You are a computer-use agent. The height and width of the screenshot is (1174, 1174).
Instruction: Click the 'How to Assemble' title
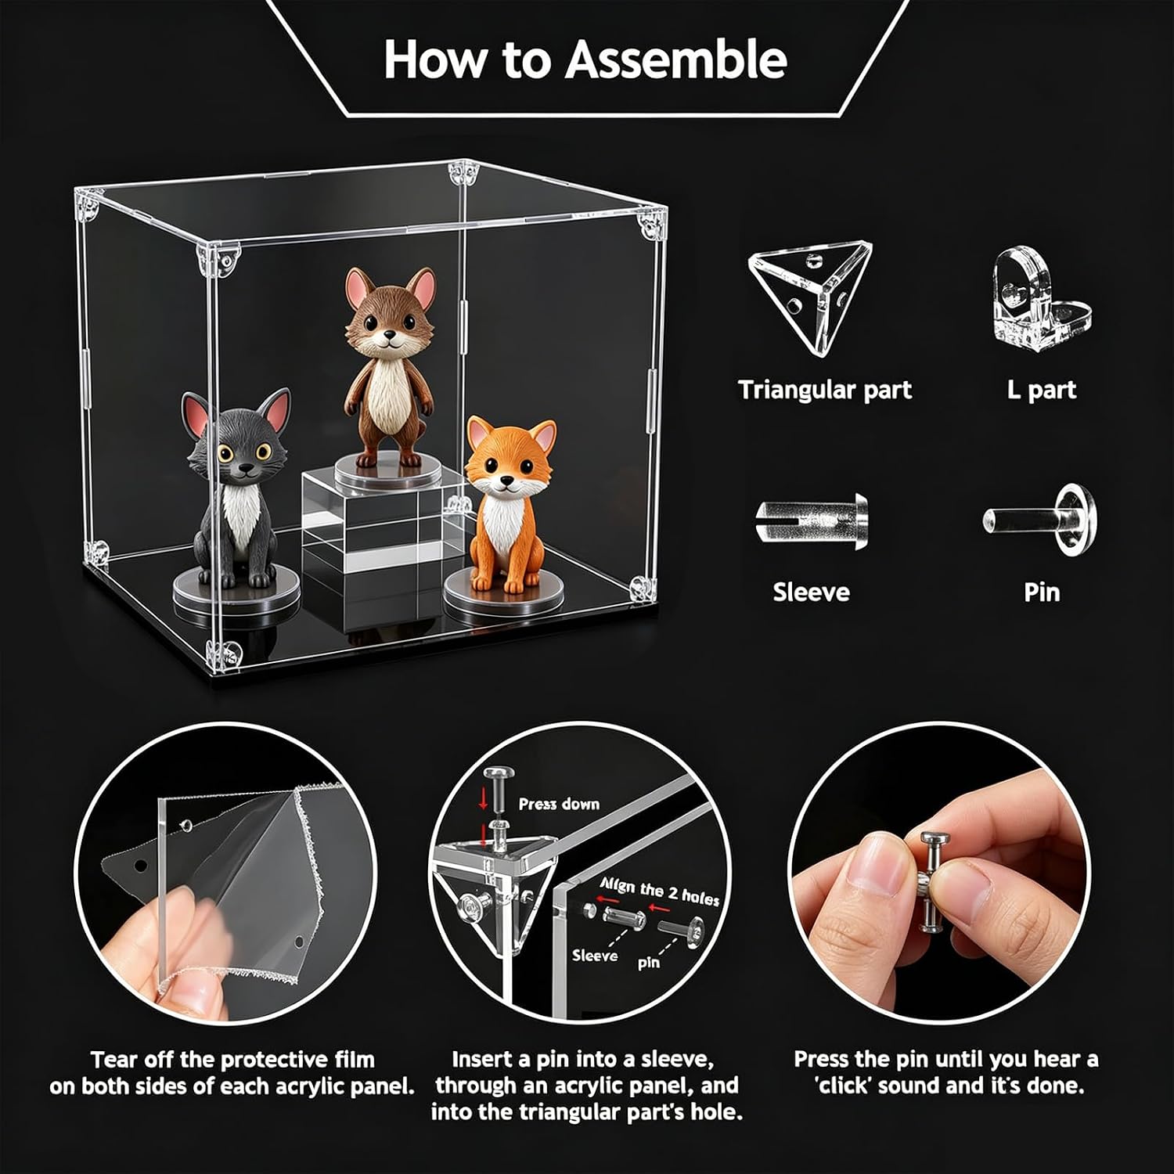585,59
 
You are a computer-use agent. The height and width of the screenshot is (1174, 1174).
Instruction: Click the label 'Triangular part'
825,390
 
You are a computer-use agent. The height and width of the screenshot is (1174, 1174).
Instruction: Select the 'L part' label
1041,390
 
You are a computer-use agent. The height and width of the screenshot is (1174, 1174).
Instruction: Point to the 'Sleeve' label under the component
811,592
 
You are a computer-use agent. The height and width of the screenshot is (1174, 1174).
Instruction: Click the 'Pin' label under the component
1041,592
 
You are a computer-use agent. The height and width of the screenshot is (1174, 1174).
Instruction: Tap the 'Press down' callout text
559,804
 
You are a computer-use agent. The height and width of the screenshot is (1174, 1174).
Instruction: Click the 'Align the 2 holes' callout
659,891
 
